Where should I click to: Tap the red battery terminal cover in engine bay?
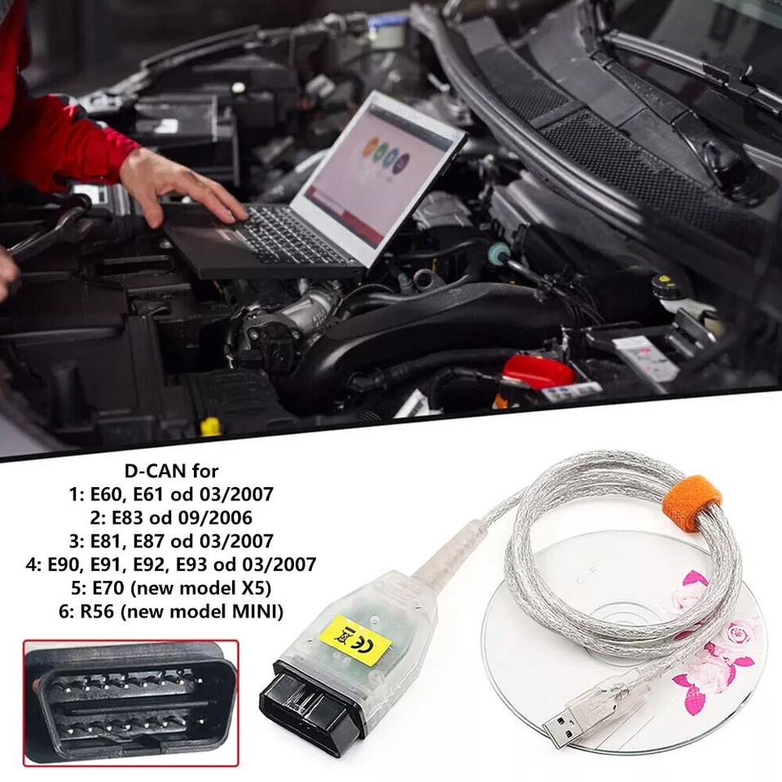tap(538, 371)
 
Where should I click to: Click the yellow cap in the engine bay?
tap(211, 426)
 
